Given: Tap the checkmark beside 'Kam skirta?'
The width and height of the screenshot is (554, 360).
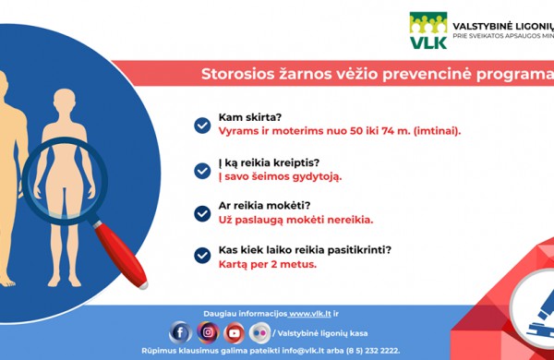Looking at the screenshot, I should point(202,125).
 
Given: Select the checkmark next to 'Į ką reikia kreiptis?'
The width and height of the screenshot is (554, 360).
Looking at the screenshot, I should point(202,170).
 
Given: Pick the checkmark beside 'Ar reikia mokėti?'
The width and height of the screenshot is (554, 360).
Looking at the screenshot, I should point(202,213).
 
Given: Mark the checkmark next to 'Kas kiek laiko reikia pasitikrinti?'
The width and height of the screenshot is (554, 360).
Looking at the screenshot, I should point(202,256).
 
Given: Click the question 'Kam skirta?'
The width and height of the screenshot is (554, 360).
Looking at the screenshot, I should point(249,118).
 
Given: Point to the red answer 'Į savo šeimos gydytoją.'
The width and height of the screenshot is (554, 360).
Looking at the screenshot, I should point(280,176).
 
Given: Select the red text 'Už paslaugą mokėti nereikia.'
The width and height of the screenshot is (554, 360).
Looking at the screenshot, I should point(295,220).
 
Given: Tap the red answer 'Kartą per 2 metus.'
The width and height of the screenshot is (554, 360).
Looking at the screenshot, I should point(267,263).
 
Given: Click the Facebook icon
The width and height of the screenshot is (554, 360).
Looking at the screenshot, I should point(181,332).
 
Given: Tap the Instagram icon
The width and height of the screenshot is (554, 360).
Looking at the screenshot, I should point(208,332).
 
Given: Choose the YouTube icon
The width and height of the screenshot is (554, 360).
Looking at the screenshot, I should point(235,332).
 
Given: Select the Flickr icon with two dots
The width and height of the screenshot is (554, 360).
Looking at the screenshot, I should point(261,332).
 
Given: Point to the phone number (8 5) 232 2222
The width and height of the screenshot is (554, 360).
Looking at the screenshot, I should point(368,351).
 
